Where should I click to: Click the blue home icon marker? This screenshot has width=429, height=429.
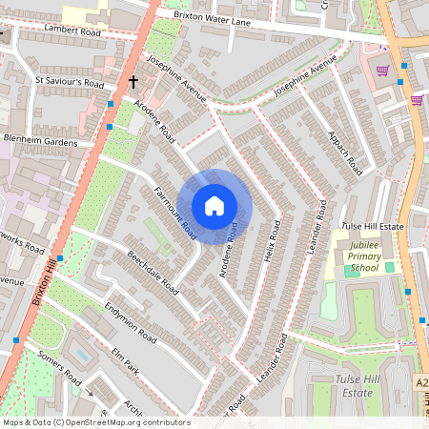(x=214, y=206)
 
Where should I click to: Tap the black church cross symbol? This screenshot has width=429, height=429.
(x=134, y=84)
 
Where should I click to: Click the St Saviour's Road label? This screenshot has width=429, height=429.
(x=70, y=82)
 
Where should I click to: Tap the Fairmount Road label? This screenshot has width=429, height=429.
(x=175, y=213)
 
